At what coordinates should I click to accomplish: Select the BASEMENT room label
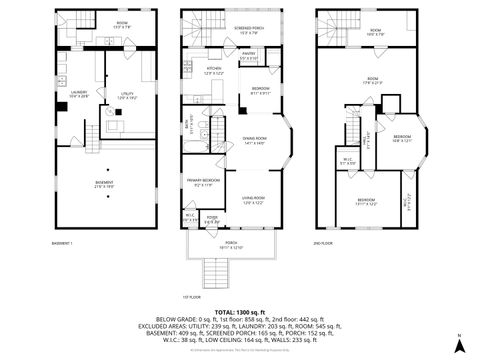(x=104, y=183)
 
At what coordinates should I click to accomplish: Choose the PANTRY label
(x=249, y=54)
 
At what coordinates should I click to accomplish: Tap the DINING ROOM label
(x=253, y=138)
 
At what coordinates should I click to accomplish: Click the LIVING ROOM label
(x=254, y=201)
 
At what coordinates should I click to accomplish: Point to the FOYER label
(x=213, y=218)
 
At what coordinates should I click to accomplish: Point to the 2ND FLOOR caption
(x=322, y=244)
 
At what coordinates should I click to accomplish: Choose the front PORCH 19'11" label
(x=231, y=244)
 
